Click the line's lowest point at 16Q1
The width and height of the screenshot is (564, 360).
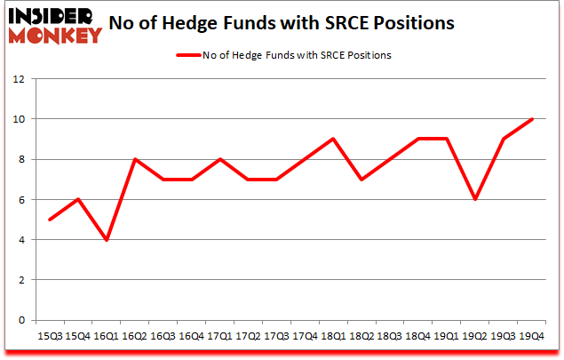click(x=107, y=239)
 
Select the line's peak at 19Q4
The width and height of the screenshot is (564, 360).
click(x=531, y=119)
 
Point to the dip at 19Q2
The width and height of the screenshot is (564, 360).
click(x=475, y=199)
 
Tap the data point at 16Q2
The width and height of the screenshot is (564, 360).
click(x=135, y=159)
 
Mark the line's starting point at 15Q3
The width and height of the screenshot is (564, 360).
click(x=51, y=220)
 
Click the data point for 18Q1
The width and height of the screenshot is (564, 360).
click(x=333, y=139)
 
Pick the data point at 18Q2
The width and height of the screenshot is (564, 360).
click(x=361, y=179)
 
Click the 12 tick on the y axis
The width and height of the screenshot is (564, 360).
click(x=17, y=78)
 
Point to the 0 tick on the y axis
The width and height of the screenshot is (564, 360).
click(x=20, y=320)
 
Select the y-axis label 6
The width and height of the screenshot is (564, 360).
click(x=20, y=199)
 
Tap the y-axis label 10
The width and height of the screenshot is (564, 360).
click(x=17, y=119)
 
